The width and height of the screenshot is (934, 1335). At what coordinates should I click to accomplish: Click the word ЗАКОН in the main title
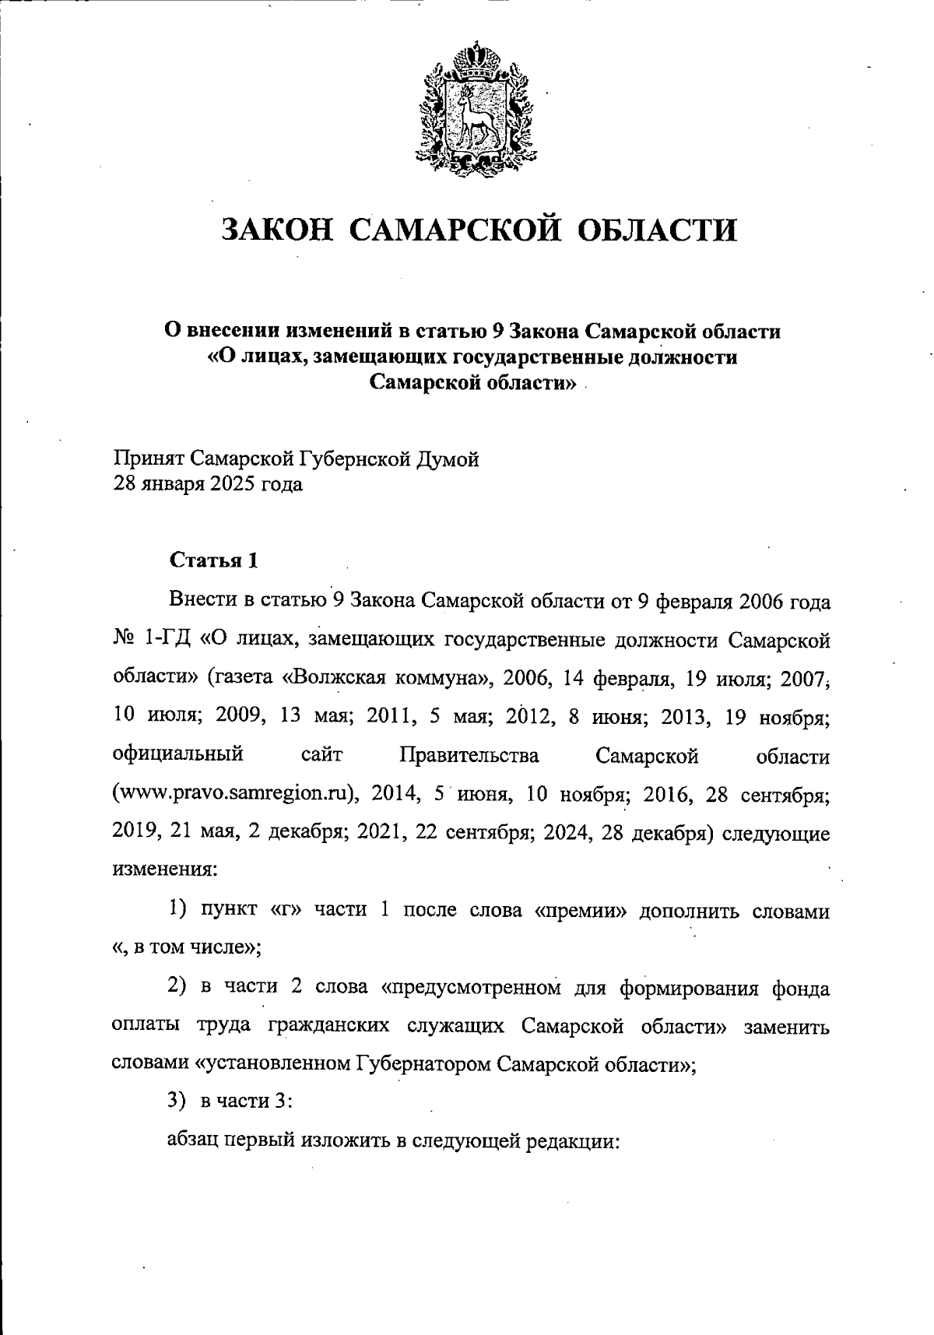tap(275, 230)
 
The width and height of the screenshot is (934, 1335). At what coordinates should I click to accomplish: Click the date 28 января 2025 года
tap(208, 485)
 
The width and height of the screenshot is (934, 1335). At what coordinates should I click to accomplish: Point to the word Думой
tap(451, 459)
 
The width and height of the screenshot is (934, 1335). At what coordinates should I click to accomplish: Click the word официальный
tap(178, 755)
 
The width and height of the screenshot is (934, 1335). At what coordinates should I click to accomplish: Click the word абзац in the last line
tap(193, 1142)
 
